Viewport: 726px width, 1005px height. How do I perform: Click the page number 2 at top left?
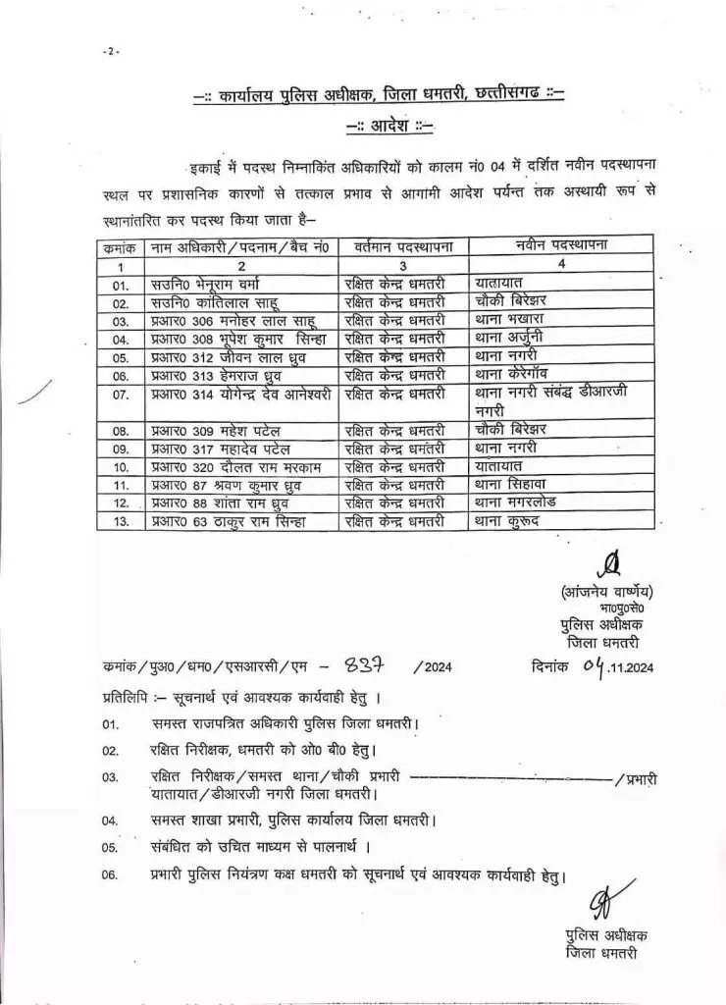tap(111, 51)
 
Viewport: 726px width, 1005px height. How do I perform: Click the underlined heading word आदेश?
tap(390, 127)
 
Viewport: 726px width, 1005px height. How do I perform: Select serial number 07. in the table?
tap(121, 394)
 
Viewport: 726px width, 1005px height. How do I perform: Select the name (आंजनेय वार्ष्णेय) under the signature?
tap(608, 592)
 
